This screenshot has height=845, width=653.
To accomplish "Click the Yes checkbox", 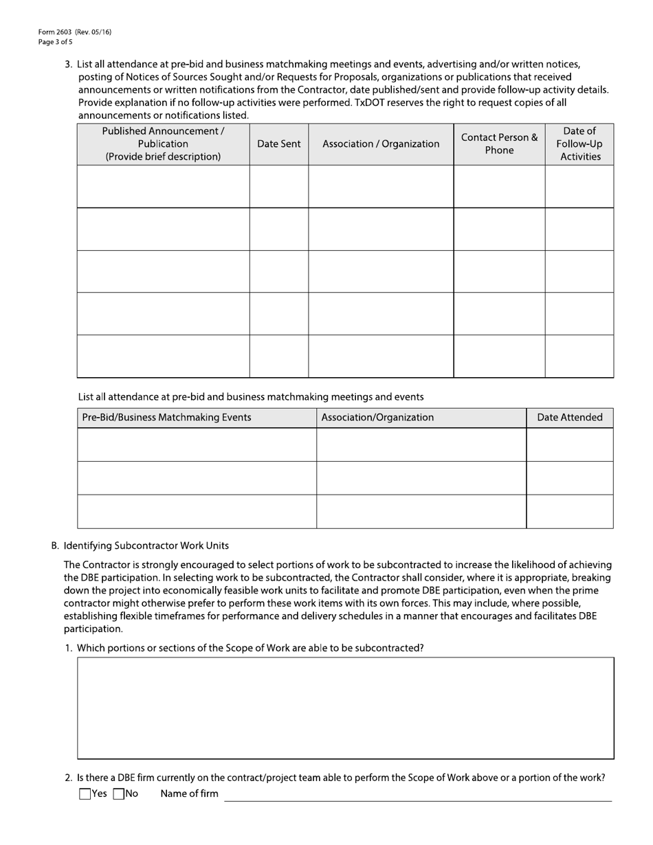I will pos(85,794).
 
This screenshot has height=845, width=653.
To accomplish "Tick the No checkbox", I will pos(118,794).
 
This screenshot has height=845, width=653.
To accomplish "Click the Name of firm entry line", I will pos(418,794).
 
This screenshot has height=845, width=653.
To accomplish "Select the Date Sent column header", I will pos(278,144).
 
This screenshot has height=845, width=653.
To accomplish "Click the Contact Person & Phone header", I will pos(499,144).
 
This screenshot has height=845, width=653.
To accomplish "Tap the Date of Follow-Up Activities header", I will pos(579,144).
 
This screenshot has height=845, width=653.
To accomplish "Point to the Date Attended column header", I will pos(570,418).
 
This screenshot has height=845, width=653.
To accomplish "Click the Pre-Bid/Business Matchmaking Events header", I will pos(166,418).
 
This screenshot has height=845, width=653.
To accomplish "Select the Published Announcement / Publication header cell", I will pos(163,144).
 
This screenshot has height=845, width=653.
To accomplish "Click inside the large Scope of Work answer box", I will pos(345,708).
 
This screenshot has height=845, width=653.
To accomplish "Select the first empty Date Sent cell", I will pos(278,187).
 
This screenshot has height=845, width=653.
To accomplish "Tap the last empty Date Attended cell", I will pos(570,511).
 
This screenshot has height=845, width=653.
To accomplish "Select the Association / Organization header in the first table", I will pos(381,144).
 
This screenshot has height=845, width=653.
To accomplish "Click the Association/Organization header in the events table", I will pos(377,418).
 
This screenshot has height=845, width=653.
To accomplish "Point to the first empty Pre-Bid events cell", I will pos(197,444).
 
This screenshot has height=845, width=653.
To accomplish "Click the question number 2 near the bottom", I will pos(69,778).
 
